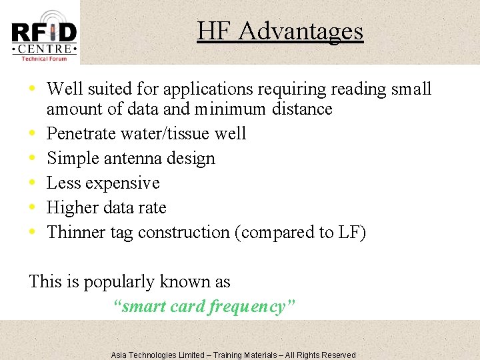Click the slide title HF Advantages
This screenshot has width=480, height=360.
279,31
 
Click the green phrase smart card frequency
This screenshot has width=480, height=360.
205,307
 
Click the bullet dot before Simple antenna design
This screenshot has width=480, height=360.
33,159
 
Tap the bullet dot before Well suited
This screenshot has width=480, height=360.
33,89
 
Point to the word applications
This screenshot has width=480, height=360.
201,89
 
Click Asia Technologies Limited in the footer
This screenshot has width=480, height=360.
157,355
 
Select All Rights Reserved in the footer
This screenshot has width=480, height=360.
321,355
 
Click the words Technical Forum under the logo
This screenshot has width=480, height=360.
45,59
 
